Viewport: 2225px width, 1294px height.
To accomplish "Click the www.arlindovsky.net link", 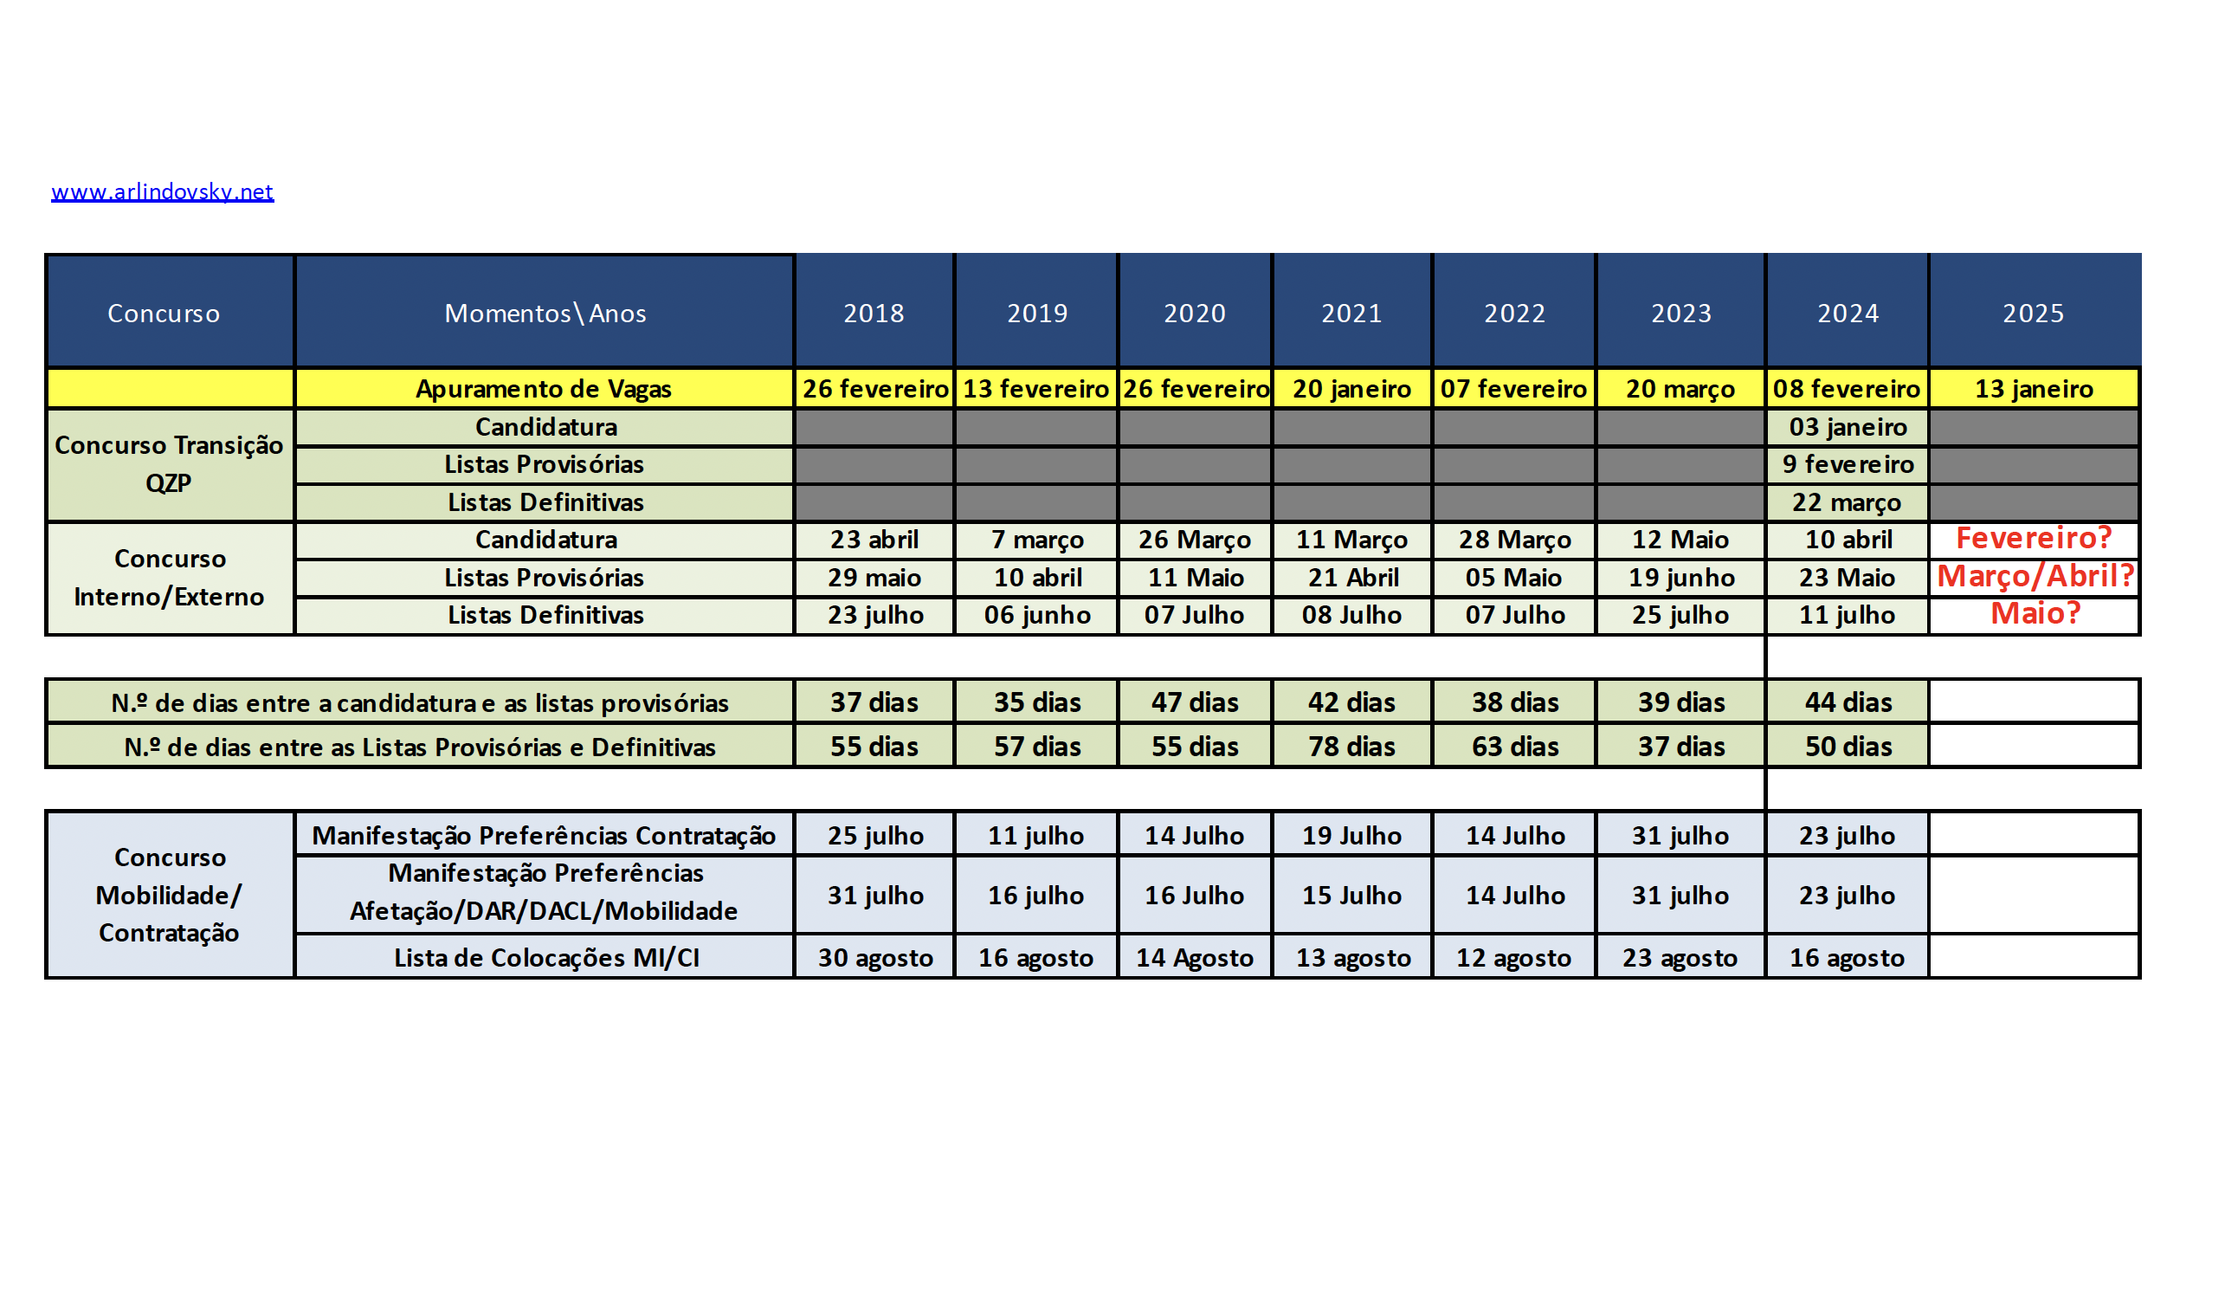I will tap(163, 191).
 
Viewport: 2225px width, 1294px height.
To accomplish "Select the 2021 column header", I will tap(1351, 313).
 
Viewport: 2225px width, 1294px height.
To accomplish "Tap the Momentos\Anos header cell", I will tap(545, 313).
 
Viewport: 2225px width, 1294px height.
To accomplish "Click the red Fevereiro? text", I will tap(2033, 538).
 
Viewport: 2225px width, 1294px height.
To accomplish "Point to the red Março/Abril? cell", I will tap(2035, 576).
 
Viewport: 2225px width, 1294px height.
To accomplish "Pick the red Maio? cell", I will tap(2035, 613).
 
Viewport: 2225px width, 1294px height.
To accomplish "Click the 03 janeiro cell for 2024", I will tap(1848, 427).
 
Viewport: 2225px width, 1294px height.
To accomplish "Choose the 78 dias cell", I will tap(1351, 747).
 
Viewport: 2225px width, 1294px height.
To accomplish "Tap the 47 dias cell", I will tap(1194, 702).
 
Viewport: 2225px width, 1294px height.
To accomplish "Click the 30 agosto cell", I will tap(874, 957).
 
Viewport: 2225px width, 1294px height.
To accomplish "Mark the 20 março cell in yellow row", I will tap(1680, 389).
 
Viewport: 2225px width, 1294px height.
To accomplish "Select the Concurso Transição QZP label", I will tap(169, 463).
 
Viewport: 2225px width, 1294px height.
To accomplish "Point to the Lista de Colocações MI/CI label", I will tap(545, 957).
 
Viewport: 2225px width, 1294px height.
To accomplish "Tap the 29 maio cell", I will tap(874, 577).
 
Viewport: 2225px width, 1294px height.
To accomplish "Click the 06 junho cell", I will tap(1036, 615).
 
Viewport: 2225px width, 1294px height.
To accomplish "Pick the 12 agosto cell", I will tap(1513, 957).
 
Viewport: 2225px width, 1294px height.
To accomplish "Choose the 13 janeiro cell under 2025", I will tap(2034, 389).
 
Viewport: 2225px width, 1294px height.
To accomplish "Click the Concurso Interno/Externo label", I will tap(169, 578).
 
